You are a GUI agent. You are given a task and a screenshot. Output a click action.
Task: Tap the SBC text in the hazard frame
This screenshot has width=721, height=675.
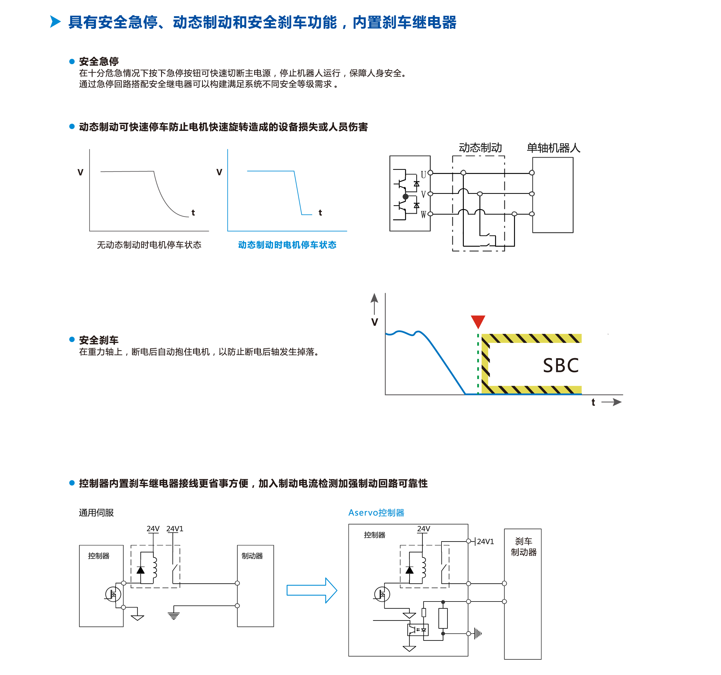click(x=560, y=365)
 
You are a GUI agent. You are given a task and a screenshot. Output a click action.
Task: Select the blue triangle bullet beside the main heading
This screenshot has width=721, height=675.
click(x=55, y=22)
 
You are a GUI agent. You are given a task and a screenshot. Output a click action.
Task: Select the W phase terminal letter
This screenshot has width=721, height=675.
click(x=423, y=215)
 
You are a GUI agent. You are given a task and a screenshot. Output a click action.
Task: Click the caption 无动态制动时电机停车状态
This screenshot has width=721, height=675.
click(x=149, y=245)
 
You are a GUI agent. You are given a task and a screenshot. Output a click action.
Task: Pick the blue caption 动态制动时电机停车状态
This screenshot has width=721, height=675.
click(x=287, y=245)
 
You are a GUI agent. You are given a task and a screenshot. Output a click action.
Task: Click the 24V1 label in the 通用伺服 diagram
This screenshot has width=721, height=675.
click(x=175, y=529)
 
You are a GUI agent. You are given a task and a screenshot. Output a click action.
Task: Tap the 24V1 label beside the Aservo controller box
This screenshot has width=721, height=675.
click(x=485, y=541)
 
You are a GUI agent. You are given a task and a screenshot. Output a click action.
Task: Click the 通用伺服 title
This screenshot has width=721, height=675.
click(x=96, y=512)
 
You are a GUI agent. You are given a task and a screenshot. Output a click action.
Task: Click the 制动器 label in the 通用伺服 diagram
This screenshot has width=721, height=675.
click(x=252, y=556)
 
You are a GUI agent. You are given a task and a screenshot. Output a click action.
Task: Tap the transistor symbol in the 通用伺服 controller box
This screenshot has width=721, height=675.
click(x=113, y=594)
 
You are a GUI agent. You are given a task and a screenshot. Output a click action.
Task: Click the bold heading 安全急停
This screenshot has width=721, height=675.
click(x=99, y=61)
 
